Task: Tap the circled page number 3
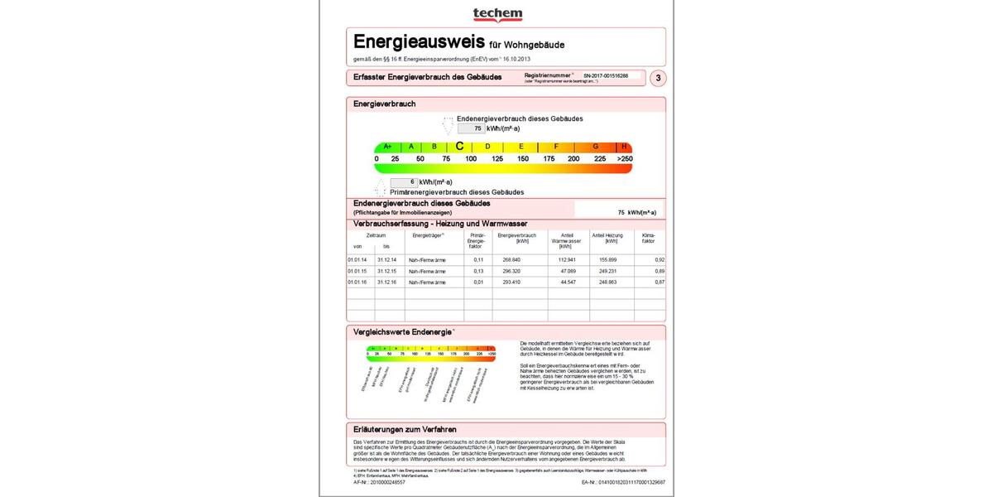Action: pyautogui.click(x=658, y=79)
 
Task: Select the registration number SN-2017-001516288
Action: pyautogui.click(x=612, y=75)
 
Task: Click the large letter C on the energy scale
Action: pyautogui.click(x=459, y=147)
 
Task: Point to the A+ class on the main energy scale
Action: pyautogui.click(x=387, y=147)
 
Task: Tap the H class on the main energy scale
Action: pyautogui.click(x=625, y=147)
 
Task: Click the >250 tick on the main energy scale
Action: pyautogui.click(x=624, y=158)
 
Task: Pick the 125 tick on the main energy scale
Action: pyautogui.click(x=497, y=158)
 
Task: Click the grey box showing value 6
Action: pyautogui.click(x=403, y=182)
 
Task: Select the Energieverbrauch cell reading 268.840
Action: pyautogui.click(x=511, y=260)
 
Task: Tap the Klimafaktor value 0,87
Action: pyautogui.click(x=660, y=282)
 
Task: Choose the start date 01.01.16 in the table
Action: pyautogui.click(x=357, y=282)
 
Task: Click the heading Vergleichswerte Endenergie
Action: pyautogui.click(x=403, y=332)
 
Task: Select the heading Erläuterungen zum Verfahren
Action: pyautogui.click(x=405, y=429)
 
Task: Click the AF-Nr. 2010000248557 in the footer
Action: pyautogui.click(x=379, y=481)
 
